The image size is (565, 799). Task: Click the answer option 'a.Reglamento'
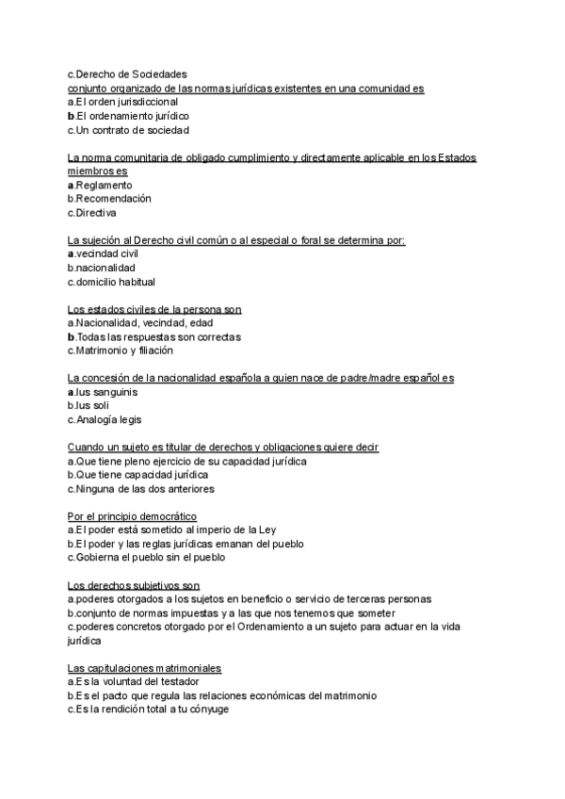[x=100, y=185]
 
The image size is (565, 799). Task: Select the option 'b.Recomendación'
[x=109, y=199]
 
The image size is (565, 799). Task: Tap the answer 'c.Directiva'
[x=98, y=213]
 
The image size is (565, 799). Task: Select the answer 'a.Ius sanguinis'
[x=103, y=391]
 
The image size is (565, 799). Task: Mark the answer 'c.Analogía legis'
[x=105, y=419]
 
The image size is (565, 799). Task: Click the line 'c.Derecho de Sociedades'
[x=127, y=73]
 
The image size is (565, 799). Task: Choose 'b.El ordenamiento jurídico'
[x=128, y=115]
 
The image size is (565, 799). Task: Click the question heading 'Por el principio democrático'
[x=132, y=515]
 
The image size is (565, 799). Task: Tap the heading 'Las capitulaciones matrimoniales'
[x=144, y=667]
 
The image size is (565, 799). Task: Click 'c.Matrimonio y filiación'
[x=121, y=351]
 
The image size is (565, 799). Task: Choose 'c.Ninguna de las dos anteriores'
[x=140, y=489]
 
